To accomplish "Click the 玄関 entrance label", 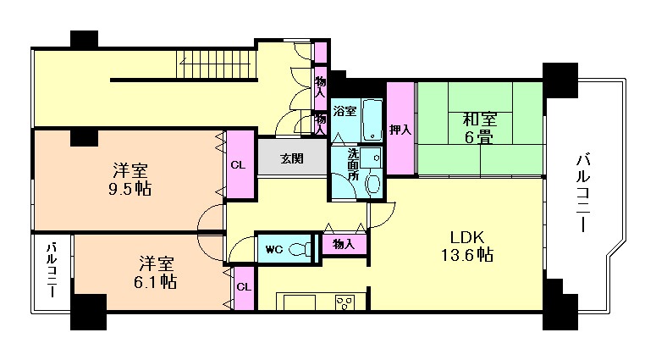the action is tap(291, 158).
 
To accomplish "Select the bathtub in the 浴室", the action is tap(372, 120).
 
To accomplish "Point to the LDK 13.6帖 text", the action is tap(467, 246).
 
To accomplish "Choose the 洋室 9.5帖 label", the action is tap(130, 180).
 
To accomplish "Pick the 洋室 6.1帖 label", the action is tap(155, 273).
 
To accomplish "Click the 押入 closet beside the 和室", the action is tap(401, 128).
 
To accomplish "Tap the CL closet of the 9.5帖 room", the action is tap(240, 164).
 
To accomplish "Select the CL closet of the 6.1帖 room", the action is tap(245, 288).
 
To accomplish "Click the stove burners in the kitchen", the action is tap(345, 302).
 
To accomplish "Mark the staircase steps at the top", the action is tap(216, 64).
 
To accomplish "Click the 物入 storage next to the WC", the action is tap(344, 244).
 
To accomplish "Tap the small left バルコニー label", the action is tap(52, 269).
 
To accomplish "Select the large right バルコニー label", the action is tap(583, 192).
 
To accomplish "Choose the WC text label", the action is tap(274, 250).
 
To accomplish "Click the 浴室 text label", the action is tap(345, 111).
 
